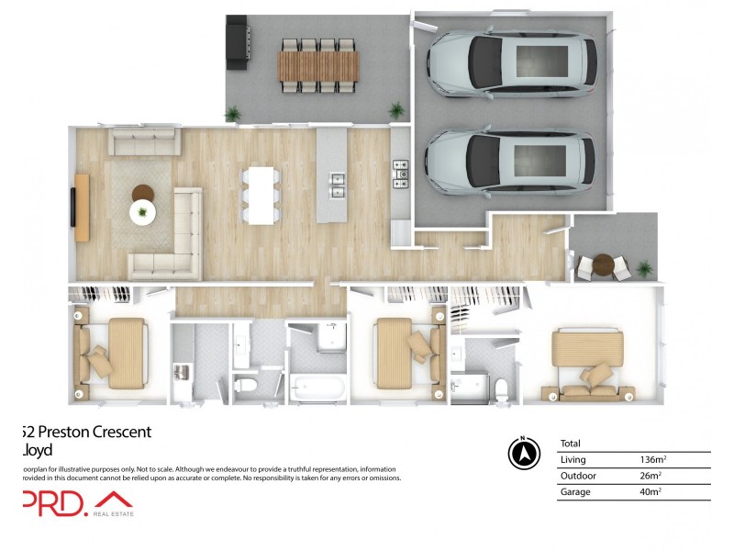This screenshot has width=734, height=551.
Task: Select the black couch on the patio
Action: tap(237, 43)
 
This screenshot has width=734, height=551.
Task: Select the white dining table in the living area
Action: tap(261, 195)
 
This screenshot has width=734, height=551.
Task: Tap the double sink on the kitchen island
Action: tap(337, 186)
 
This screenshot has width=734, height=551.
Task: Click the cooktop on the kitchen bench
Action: tap(401, 174)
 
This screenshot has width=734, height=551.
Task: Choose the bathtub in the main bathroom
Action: tap(318, 388)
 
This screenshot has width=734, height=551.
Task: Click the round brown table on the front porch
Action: tap(602, 264)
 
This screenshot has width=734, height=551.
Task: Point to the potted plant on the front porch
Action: tap(645, 268)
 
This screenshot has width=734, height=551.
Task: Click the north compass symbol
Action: tap(522, 453)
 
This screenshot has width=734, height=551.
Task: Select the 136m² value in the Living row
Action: tap(651, 459)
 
